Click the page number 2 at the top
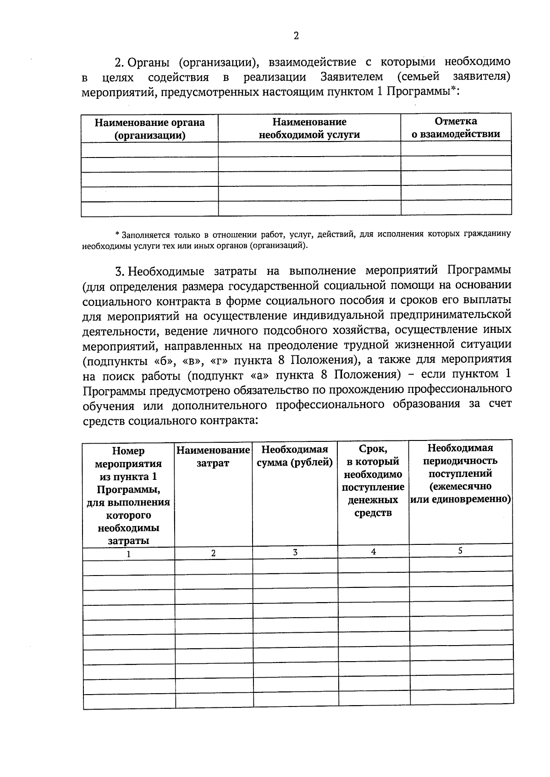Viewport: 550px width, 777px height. (296, 36)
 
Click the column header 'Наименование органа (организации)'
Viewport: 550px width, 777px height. (149, 129)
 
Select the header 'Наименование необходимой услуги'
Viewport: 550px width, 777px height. (309, 128)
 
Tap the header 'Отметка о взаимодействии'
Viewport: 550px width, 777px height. (456, 127)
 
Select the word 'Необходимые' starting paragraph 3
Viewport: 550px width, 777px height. (166, 271)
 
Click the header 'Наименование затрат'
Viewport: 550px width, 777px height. (213, 456)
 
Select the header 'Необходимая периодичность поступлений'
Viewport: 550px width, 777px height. (460, 473)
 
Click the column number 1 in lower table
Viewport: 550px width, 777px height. (129, 554)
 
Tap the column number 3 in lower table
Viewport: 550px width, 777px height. (295, 553)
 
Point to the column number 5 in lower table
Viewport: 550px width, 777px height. (460, 551)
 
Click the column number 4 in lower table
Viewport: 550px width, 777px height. (374, 552)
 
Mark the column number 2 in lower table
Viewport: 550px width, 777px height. (213, 553)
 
